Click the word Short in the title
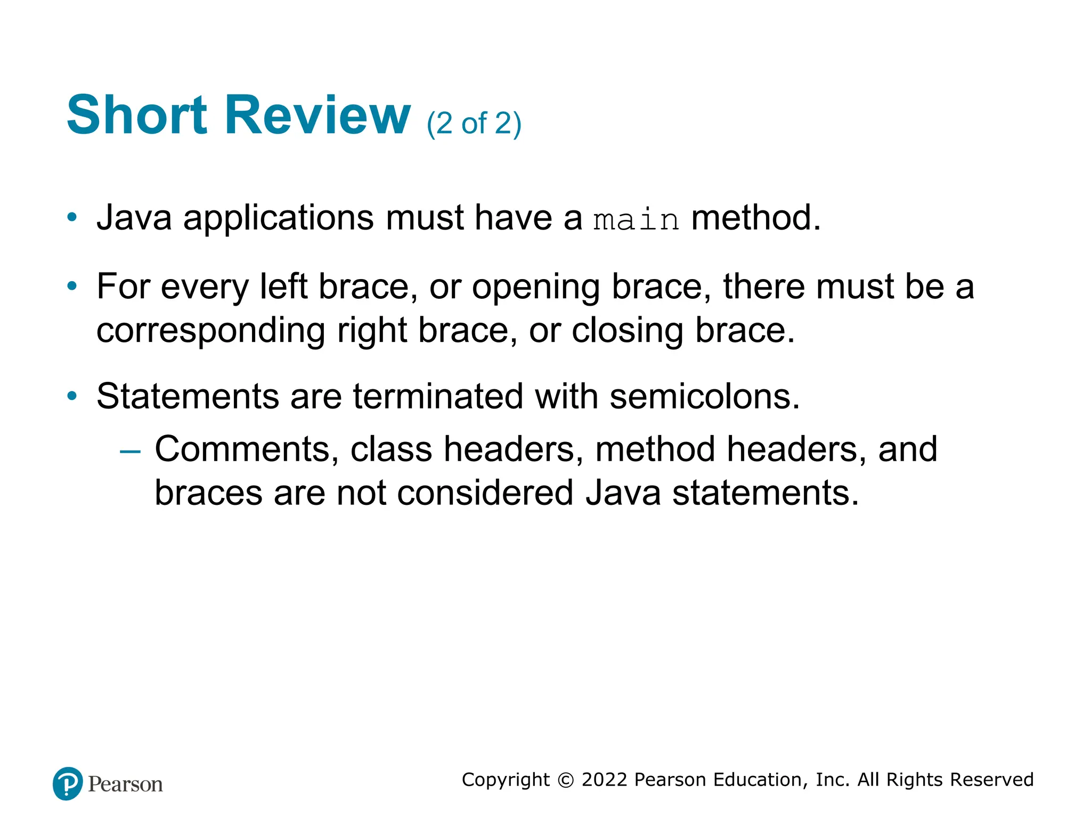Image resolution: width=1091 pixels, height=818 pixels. pos(137,115)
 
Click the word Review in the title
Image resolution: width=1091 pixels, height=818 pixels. pos(317,115)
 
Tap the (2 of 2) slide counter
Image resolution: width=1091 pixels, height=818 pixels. pos(474,124)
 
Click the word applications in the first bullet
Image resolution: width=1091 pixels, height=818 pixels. pos(279,218)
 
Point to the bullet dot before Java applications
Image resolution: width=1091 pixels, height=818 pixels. pos(72,218)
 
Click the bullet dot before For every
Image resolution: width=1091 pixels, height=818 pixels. pos(72,287)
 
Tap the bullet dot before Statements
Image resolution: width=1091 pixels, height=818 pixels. pos(72,396)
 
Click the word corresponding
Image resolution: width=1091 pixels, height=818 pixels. pos(210,331)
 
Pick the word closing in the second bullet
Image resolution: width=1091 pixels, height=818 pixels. pos(627,331)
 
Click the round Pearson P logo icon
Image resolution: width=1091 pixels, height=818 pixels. pos(68,783)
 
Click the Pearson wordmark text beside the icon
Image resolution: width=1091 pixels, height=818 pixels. pos(125,784)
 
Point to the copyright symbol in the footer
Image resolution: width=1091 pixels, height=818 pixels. pos(565,780)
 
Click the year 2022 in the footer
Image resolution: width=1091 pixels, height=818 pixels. pos(605,780)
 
